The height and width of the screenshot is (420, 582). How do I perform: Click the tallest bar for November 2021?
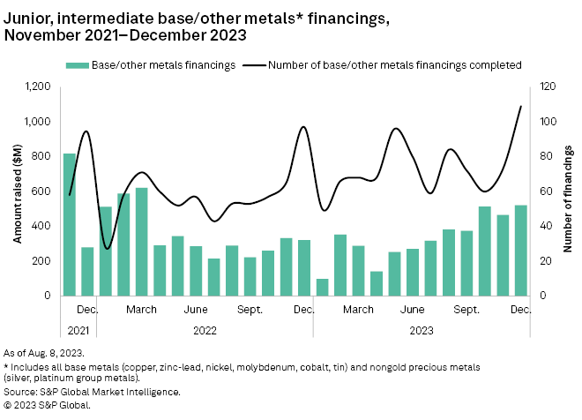click(x=69, y=225)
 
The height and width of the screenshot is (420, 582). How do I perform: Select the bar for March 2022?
click(x=141, y=242)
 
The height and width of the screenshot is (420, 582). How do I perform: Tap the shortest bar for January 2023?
click(x=322, y=288)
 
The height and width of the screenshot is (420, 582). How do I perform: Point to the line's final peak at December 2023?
click(x=521, y=106)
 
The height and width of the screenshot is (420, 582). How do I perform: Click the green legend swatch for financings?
click(x=77, y=64)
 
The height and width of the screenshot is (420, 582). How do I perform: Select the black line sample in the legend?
click(x=252, y=64)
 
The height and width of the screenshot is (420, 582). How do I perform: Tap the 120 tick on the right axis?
click(x=548, y=86)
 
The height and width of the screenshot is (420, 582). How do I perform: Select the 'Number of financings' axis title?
click(x=569, y=191)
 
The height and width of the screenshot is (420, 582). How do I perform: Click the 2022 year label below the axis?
click(x=205, y=331)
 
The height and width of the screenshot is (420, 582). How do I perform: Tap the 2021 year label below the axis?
click(x=78, y=331)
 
